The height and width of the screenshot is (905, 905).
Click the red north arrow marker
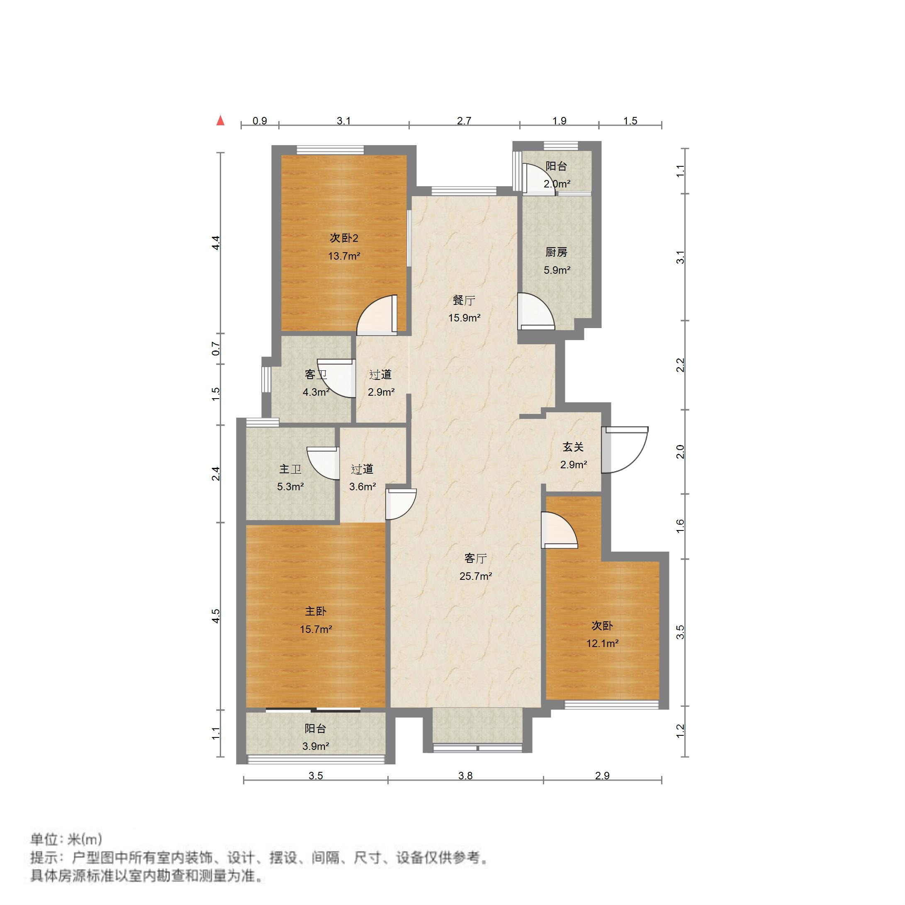[220, 121]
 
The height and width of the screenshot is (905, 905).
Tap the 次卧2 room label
[344, 238]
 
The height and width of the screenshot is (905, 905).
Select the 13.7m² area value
[344, 256]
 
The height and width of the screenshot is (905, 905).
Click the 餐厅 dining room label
[464, 300]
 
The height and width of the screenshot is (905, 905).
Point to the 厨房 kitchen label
[557, 252]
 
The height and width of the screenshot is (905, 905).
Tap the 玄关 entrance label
[573, 447]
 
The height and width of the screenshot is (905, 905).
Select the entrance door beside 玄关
[625, 450]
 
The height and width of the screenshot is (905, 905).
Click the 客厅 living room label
[475, 558]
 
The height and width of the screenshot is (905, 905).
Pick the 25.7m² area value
[475, 576]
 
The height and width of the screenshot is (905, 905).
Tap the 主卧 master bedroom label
[316, 611]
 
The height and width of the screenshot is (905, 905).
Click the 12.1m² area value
[602, 644]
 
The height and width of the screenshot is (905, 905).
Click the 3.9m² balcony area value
[315, 746]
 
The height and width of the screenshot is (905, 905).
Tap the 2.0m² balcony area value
[557, 184]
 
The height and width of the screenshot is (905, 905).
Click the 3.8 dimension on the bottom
[465, 776]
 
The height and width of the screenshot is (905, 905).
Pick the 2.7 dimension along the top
[464, 121]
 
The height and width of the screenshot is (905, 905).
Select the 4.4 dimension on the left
[216, 243]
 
